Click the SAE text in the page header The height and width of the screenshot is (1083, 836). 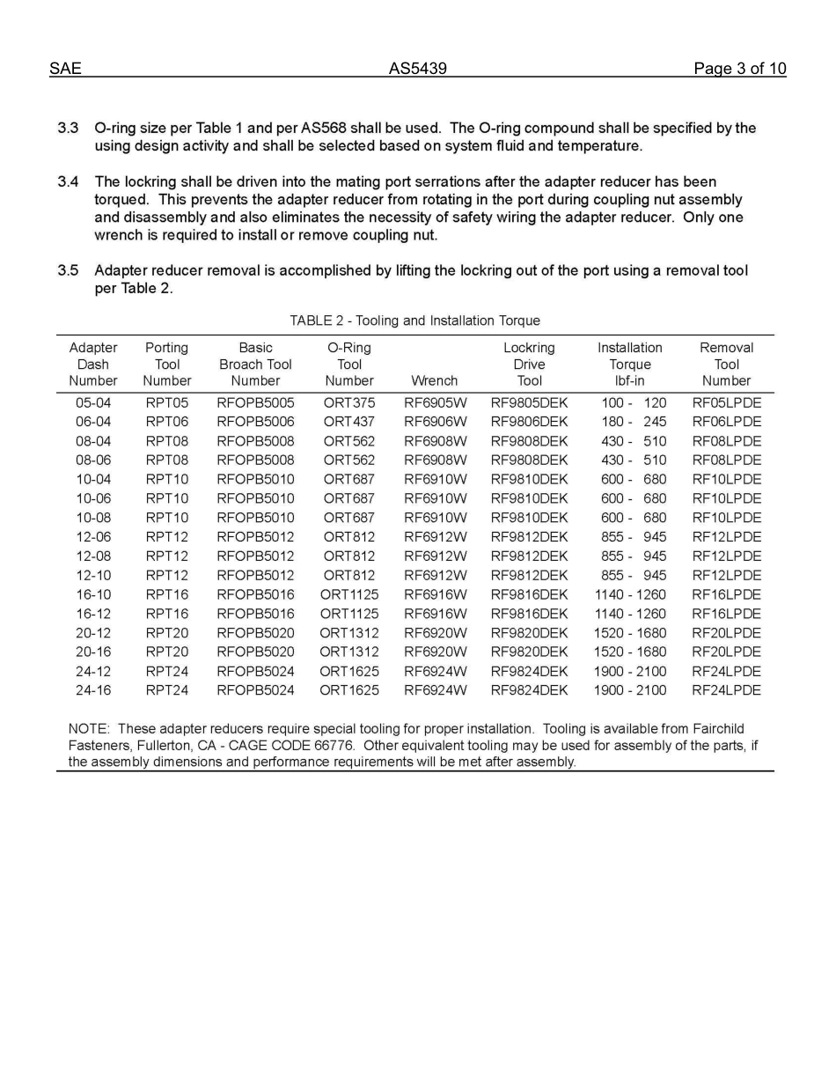click(65, 69)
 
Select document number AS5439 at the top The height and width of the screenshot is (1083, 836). click(417, 69)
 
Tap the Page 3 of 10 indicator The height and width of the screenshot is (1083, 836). click(739, 69)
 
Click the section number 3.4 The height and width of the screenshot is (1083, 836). click(69, 182)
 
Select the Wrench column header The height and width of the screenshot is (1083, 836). click(434, 381)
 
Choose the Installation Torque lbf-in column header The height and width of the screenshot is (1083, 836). click(629, 365)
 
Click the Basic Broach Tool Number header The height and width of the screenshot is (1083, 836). click(255, 365)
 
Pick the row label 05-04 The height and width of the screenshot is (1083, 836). click(93, 403)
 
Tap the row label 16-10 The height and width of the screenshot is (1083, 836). click(93, 595)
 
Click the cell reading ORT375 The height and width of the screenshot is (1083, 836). click(348, 403)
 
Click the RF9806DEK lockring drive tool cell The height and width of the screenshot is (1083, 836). click(529, 423)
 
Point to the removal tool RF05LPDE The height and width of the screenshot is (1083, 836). click(726, 403)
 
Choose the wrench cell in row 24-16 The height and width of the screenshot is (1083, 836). click(435, 691)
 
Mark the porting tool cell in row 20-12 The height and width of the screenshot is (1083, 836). click(166, 633)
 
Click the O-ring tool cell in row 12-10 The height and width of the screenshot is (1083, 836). click(348, 576)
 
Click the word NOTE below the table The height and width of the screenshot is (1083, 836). click(88, 729)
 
